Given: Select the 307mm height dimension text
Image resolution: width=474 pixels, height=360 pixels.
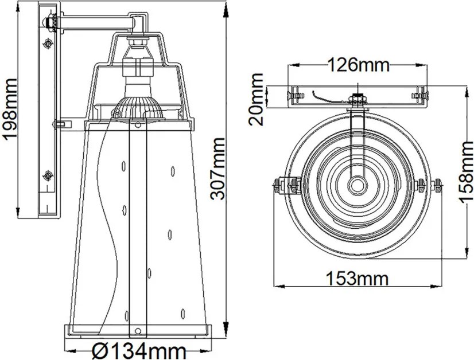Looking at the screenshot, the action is [x=217, y=169].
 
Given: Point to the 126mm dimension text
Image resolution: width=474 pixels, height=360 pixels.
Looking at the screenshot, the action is [x=359, y=65].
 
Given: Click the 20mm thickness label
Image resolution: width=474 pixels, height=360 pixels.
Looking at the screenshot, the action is [x=256, y=99].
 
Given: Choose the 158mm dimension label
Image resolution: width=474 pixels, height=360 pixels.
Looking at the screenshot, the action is [x=465, y=171].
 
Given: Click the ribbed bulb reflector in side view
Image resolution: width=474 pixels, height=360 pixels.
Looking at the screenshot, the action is [x=138, y=109].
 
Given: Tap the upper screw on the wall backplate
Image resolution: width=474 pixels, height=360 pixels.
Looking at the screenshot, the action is [x=48, y=44].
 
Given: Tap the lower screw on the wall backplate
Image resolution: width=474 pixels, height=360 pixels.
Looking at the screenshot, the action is [x=48, y=175].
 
